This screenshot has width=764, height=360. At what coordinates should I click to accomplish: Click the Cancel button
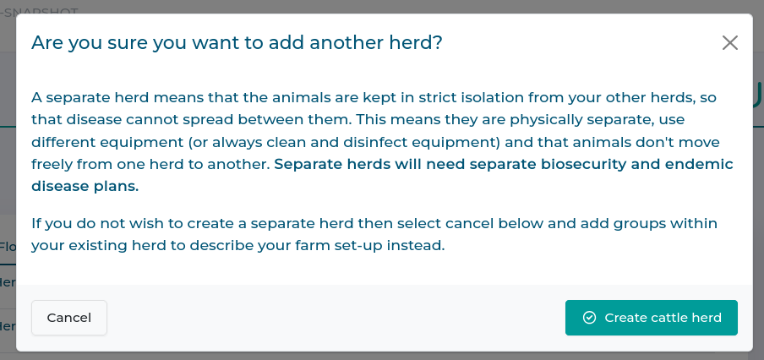click(69, 318)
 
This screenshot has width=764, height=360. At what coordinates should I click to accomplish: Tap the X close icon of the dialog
click(730, 42)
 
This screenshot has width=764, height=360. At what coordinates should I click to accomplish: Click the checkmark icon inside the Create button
click(590, 318)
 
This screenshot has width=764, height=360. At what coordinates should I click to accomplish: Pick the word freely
click(54, 164)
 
